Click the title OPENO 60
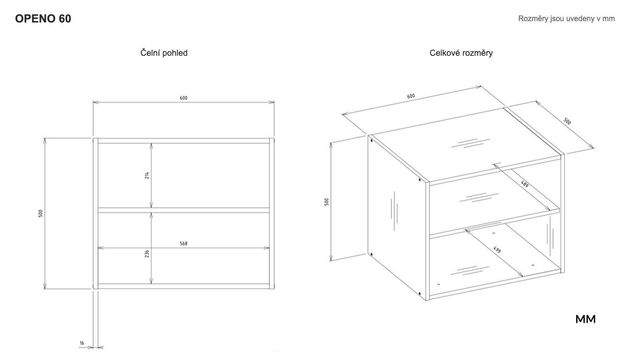(43, 19)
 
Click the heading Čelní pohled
(164, 53)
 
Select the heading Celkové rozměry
(461, 53)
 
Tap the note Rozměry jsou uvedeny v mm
(566, 19)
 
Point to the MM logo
(585, 319)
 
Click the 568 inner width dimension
(183, 244)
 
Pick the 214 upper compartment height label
(147, 175)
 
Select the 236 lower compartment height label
(147, 254)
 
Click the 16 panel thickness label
(82, 343)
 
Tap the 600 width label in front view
(183, 98)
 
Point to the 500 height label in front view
(40, 213)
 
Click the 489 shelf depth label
(525, 184)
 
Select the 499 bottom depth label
(497, 249)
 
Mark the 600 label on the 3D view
(411, 96)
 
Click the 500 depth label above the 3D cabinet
(567, 121)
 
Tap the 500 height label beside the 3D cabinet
(326, 202)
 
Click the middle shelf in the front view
(183, 210)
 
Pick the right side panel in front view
(272, 213)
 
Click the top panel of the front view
(183, 141)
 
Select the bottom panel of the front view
(183, 286)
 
